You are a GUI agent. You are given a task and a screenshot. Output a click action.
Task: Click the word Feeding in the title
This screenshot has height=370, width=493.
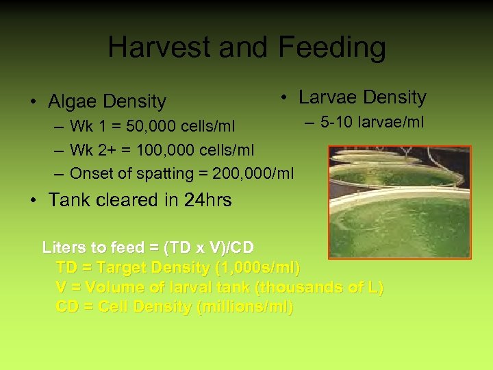pyautogui.click(x=332, y=48)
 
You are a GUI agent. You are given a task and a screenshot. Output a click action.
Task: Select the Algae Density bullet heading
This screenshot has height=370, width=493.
pyautogui.click(x=107, y=101)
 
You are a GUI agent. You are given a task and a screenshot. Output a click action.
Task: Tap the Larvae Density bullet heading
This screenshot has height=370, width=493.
pyautogui.click(x=362, y=97)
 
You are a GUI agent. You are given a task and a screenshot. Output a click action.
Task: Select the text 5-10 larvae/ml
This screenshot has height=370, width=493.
pyautogui.click(x=372, y=123)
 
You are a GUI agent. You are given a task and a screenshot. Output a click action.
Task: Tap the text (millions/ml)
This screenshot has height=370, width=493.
pyautogui.click(x=245, y=307)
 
